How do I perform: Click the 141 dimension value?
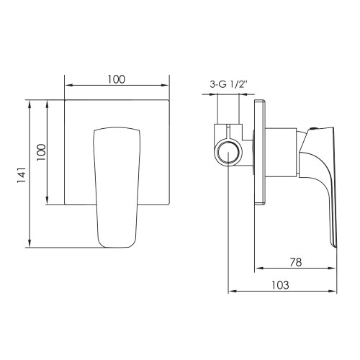21,174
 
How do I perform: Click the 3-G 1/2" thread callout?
228,84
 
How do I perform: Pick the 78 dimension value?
295,263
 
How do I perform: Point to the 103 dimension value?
282,284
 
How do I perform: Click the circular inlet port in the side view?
228,154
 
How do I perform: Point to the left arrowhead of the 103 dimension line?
231,292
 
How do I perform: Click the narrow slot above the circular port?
228,132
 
